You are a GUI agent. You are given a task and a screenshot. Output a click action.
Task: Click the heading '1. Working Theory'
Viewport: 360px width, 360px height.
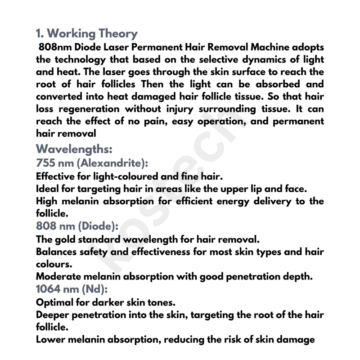pyautogui.click(x=87, y=33)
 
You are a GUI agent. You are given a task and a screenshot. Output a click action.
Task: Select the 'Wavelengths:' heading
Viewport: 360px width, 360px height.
pyautogui.click(x=74, y=148)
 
